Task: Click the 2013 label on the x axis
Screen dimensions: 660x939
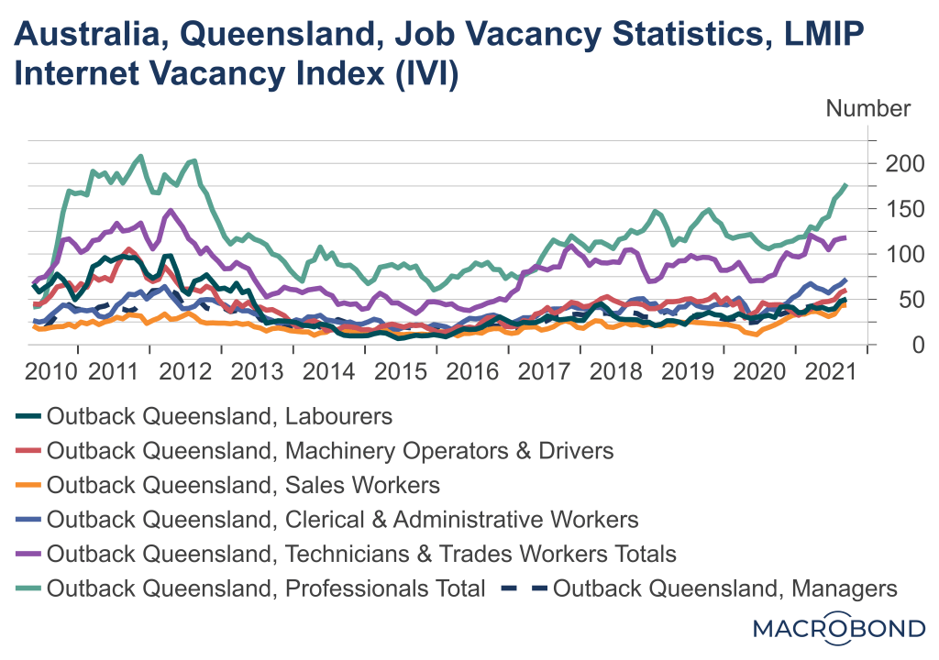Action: click(258, 373)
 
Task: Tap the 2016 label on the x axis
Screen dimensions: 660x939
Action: click(473, 373)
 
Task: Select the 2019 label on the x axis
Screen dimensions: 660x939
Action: click(689, 373)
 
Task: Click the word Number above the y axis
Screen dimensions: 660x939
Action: click(868, 108)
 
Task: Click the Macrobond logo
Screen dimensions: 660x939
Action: click(838, 629)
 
